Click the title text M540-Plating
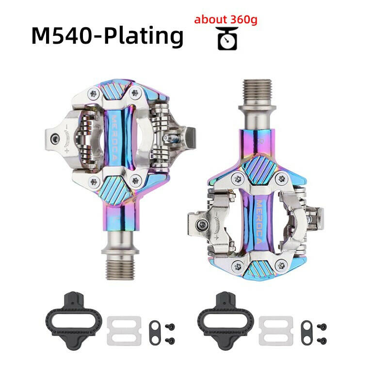coord(107,36)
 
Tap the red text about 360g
coord(226,20)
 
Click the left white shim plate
coord(124,330)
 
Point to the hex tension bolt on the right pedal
coord(200,224)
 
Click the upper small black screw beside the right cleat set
coord(323,326)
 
